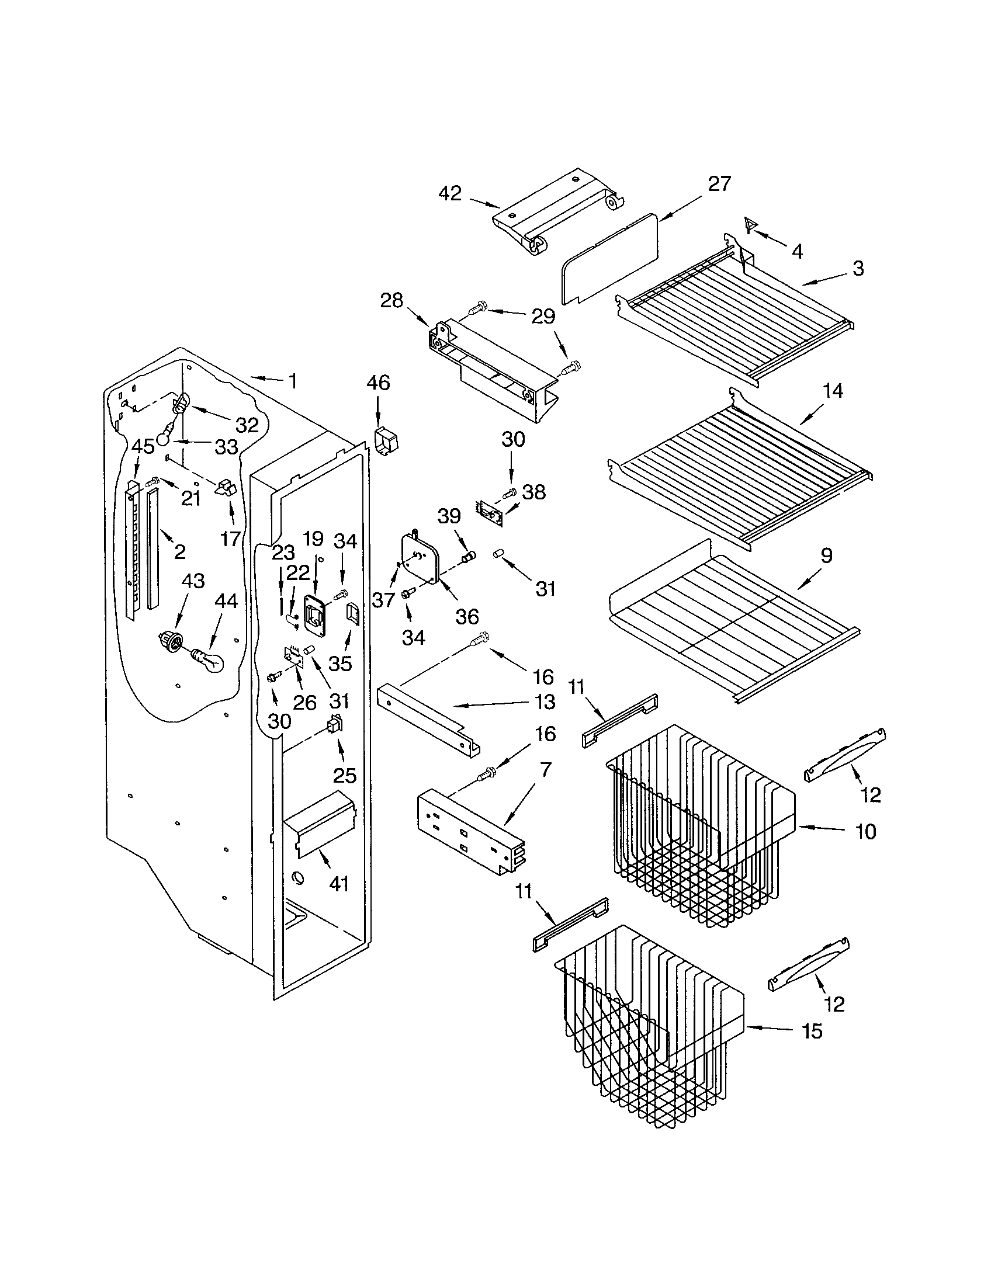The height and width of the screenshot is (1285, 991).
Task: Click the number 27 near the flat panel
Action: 719,183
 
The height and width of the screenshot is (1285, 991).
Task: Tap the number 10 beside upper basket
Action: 865,831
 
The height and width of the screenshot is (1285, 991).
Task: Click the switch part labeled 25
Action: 335,725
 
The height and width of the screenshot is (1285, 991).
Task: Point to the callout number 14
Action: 833,391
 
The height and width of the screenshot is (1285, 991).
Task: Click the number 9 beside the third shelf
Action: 826,555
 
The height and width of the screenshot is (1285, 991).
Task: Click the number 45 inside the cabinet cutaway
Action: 143,447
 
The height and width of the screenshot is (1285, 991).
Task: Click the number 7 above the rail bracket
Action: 546,769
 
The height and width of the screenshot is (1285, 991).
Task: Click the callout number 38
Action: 534,492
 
